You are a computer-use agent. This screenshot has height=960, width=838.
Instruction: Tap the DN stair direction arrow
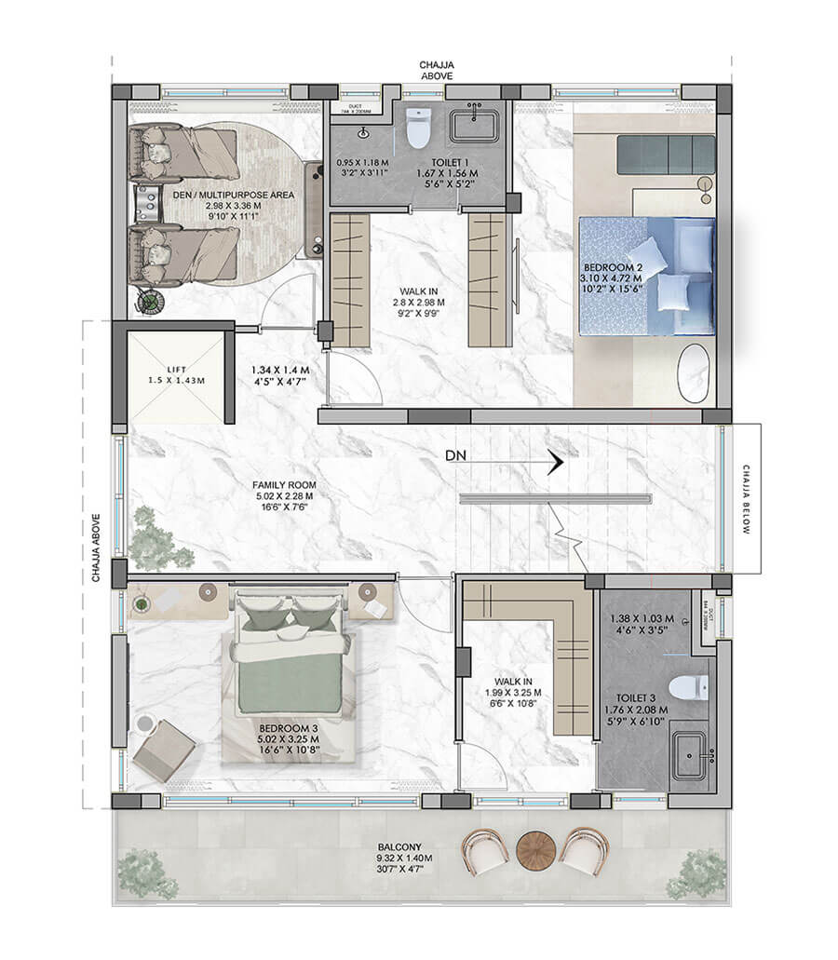click(554, 462)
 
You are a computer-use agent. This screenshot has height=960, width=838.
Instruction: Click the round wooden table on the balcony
click(534, 848)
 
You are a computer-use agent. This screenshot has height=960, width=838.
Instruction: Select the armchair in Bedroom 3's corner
click(164, 750)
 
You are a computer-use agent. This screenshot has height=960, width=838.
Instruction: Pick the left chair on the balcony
click(485, 849)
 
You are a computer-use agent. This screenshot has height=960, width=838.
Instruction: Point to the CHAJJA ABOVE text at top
click(436, 70)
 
